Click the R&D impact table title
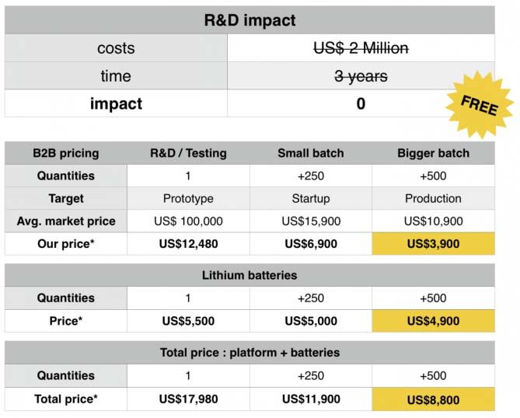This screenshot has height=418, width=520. click(x=250, y=20)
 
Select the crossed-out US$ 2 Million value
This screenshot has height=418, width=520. click(x=361, y=48)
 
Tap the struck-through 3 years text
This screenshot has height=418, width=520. click(x=361, y=76)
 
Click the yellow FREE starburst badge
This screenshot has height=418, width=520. click(x=480, y=104)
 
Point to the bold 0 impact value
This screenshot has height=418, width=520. click(x=361, y=104)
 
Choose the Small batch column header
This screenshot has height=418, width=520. click(x=311, y=153)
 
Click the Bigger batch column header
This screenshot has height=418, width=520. click(x=433, y=153)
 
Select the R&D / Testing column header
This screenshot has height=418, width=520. click(x=188, y=153)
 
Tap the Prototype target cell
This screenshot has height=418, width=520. click(x=188, y=199)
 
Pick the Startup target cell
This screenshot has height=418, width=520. click(x=311, y=199)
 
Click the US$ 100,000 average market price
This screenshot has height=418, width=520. click(x=188, y=221)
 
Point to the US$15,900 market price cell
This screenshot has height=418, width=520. click(x=311, y=221)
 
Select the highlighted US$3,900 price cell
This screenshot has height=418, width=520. click(x=433, y=244)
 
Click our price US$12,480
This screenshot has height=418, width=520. click(x=188, y=244)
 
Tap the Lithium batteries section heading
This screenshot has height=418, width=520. click(x=250, y=276)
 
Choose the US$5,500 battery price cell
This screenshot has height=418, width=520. click(x=188, y=321)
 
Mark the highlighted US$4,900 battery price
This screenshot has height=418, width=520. click(x=433, y=321)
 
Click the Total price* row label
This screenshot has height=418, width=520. click(x=66, y=399)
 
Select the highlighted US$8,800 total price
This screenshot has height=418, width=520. click(x=433, y=399)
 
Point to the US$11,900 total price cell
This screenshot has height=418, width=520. click(x=311, y=399)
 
